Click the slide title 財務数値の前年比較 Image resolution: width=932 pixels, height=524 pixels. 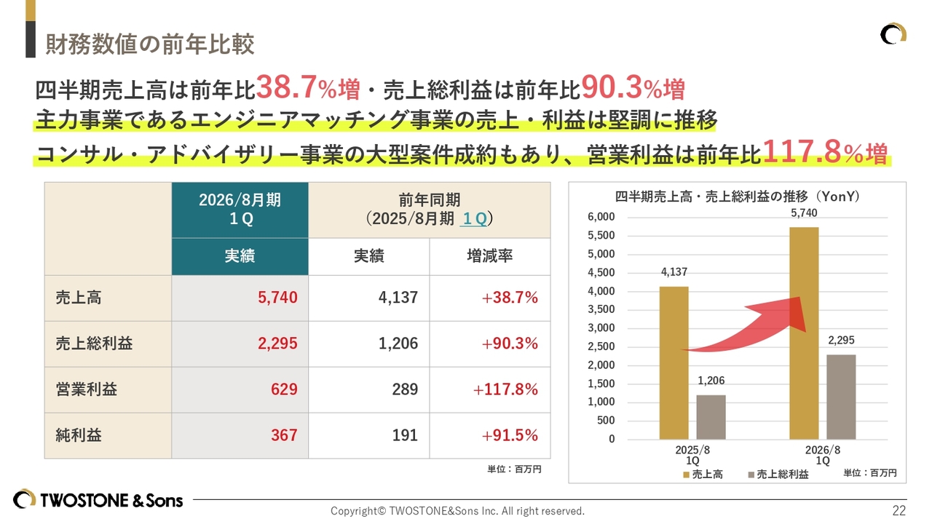click(149, 44)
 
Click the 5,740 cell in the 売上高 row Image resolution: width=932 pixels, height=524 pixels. click(277, 298)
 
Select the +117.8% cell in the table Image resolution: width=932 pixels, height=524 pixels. click(505, 389)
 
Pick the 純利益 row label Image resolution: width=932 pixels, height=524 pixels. click(79, 435)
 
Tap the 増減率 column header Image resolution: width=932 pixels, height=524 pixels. click(489, 256)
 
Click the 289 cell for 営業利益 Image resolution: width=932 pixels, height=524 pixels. click(405, 389)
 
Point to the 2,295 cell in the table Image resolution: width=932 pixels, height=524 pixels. click(277, 344)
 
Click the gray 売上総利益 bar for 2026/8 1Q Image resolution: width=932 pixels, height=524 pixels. click(841, 397)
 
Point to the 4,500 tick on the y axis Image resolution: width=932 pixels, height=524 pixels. click(601, 273)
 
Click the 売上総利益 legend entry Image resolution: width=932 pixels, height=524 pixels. click(778, 475)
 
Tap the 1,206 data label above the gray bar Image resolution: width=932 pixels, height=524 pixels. click(711, 381)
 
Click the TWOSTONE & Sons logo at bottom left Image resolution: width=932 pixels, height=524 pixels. click(98, 500)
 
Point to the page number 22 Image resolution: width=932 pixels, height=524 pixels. click(899, 510)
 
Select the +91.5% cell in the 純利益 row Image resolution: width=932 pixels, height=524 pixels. click(510, 435)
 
